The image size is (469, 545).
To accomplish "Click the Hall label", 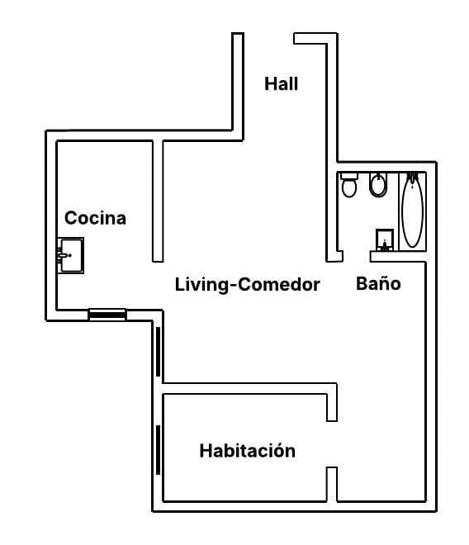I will (281, 83).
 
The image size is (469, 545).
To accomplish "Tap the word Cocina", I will (96, 218).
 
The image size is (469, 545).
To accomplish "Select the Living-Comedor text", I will (247, 285).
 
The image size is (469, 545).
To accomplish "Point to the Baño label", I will (378, 283).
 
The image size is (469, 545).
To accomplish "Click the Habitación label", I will (247, 451).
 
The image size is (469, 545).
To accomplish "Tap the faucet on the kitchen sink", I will (63, 256).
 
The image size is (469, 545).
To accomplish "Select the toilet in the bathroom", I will (349, 187).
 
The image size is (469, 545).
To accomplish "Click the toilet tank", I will (349, 176).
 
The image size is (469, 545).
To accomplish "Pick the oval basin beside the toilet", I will (378, 185).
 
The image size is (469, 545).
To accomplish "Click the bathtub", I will (412, 211).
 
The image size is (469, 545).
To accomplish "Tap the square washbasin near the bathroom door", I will (384, 239).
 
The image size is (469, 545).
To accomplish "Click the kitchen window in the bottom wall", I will (107, 313).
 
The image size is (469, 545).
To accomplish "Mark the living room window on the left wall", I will (157, 350).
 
